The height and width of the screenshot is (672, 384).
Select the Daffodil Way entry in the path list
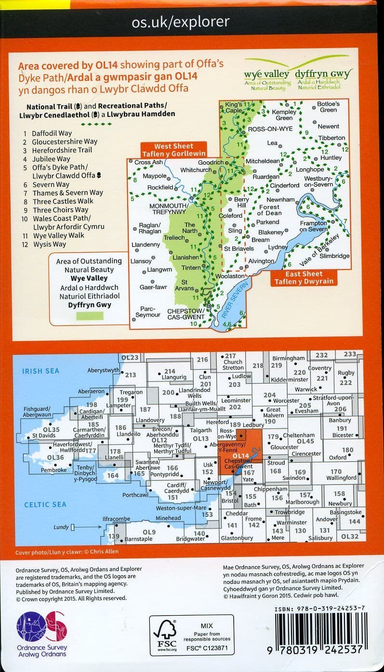[52, 133]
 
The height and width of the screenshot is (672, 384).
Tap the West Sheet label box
[173, 150]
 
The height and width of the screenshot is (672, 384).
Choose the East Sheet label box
[304, 278]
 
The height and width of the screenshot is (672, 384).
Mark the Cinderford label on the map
[285, 186]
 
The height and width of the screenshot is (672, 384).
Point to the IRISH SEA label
[41, 371]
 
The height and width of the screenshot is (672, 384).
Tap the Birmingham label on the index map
[289, 359]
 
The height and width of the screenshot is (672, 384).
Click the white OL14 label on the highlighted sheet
[239, 455]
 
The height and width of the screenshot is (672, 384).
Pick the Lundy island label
[61, 527]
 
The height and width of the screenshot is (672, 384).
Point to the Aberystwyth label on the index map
[103, 370]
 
